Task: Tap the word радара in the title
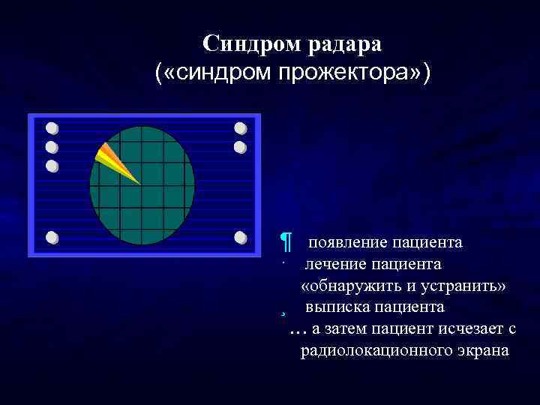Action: click(343, 44)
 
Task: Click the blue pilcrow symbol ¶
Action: click(285, 243)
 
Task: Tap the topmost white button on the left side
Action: click(52, 127)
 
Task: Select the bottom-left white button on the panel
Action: click(52, 238)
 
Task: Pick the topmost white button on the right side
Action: click(240, 127)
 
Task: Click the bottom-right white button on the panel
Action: click(240, 238)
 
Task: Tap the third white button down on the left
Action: click(52, 166)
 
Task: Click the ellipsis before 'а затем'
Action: click(298, 330)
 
